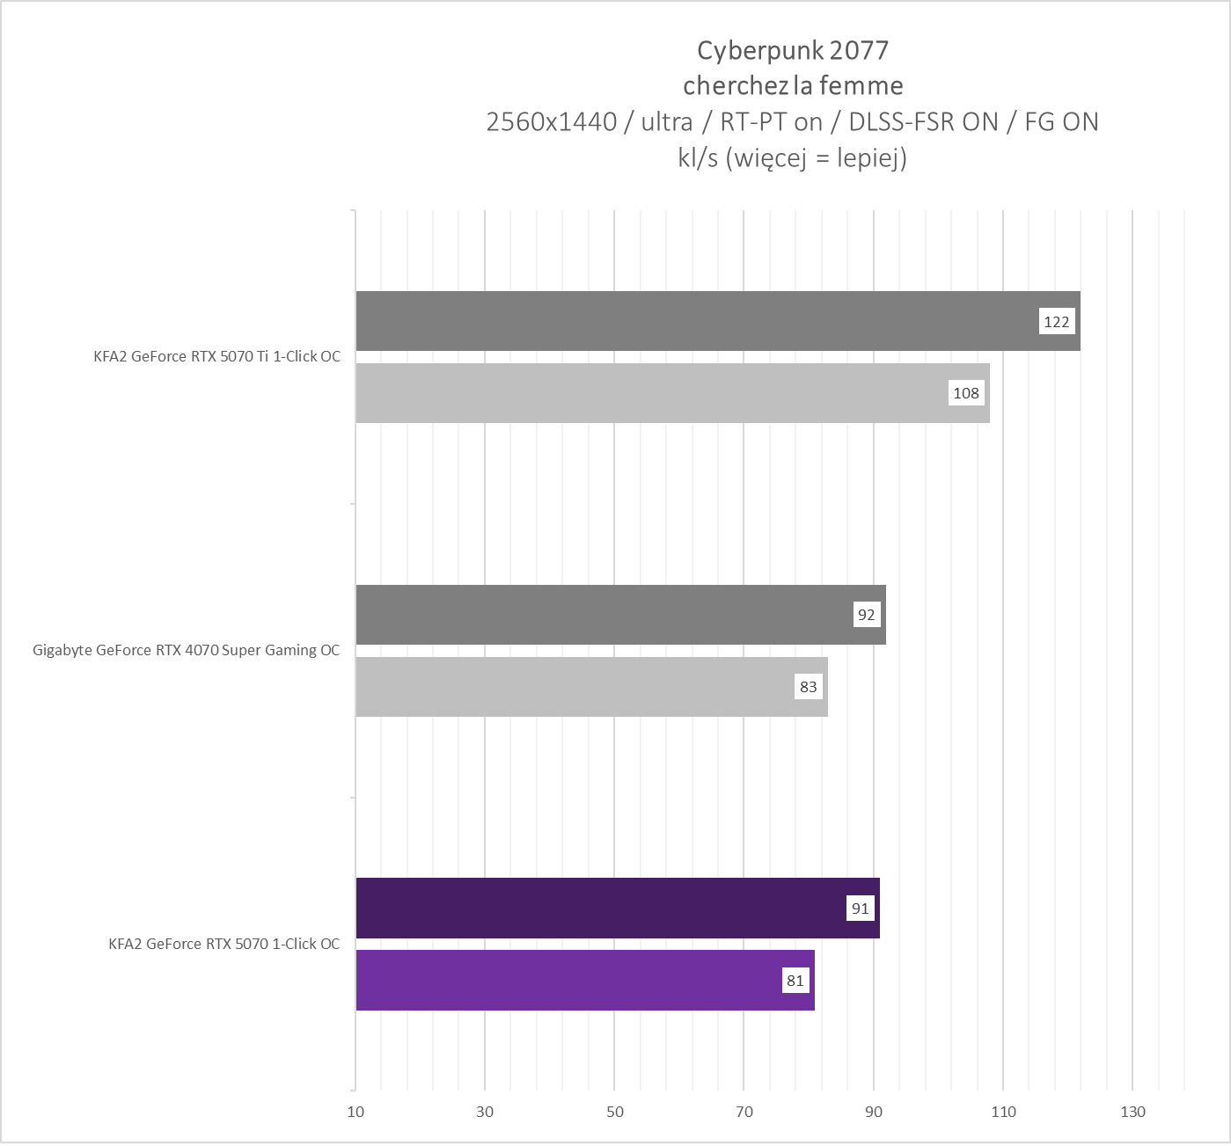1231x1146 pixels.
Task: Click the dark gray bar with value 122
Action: tap(695, 321)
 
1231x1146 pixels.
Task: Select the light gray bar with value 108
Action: tap(651, 393)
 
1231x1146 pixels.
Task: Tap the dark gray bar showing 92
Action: tap(598, 615)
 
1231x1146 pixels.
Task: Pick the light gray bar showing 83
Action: tap(572, 687)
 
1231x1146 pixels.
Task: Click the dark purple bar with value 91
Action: tap(598, 908)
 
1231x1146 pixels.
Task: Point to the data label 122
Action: tap(1056, 322)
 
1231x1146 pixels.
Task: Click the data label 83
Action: tap(808, 687)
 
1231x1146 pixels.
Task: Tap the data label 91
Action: tap(860, 909)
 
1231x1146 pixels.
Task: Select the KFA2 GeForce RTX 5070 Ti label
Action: tap(216, 357)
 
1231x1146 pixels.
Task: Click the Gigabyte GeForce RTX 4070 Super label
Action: tap(186, 651)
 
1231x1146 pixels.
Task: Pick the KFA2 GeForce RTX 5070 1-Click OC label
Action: tap(223, 944)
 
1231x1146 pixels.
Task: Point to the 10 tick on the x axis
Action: tap(355, 1113)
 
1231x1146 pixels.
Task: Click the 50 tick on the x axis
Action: tap(614, 1113)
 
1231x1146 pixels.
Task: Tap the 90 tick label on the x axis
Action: tap(873, 1113)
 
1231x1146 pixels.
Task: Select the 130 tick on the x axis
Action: tap(1132, 1113)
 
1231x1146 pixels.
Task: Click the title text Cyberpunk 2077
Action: tap(793, 50)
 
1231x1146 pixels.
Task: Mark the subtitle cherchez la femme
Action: tap(793, 85)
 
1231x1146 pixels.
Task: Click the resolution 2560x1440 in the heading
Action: tap(551, 121)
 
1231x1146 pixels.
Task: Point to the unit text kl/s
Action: tap(698, 157)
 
